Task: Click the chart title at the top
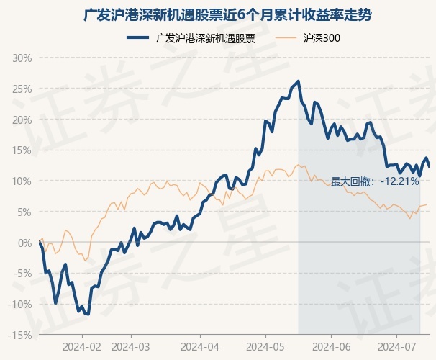[x=218, y=14]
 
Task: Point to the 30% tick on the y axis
[x=22, y=58]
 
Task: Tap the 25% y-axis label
[x=22, y=89]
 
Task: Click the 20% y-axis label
[x=22, y=120]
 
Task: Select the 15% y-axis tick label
[x=22, y=150]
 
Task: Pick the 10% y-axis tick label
[x=22, y=181]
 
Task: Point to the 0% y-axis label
[x=25, y=243]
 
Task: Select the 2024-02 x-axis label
[x=83, y=347]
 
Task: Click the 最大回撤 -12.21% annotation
[x=375, y=181]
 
